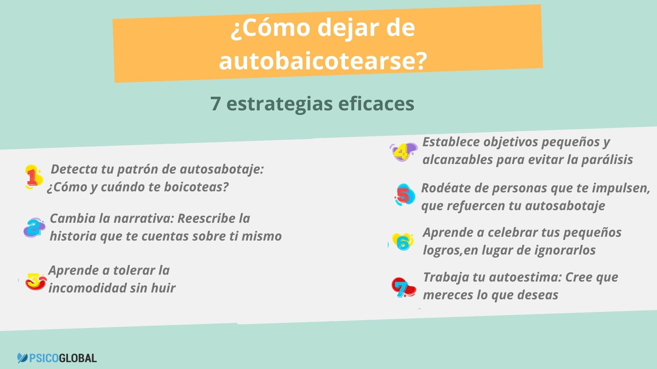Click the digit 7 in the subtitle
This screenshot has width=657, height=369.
215,104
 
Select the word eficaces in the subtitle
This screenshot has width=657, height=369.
376,104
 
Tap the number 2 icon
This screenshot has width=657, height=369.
34,228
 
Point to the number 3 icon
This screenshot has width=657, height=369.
36,281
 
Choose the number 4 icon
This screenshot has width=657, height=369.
403,152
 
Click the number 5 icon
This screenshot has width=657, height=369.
404,195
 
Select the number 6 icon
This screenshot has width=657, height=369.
402,242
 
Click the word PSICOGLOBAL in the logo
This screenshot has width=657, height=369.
63,358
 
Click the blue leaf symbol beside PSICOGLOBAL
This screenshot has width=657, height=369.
23,358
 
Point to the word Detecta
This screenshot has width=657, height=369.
74,169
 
